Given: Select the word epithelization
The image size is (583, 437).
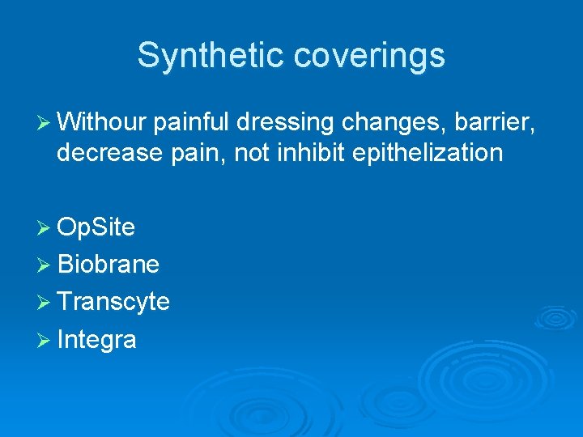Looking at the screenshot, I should (428, 152).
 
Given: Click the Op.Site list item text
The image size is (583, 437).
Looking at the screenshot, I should (96, 228).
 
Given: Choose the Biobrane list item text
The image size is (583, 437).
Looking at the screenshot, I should (109, 264).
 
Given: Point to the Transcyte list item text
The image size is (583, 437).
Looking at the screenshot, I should (113, 302).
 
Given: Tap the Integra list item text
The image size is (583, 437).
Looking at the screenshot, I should (96, 340).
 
